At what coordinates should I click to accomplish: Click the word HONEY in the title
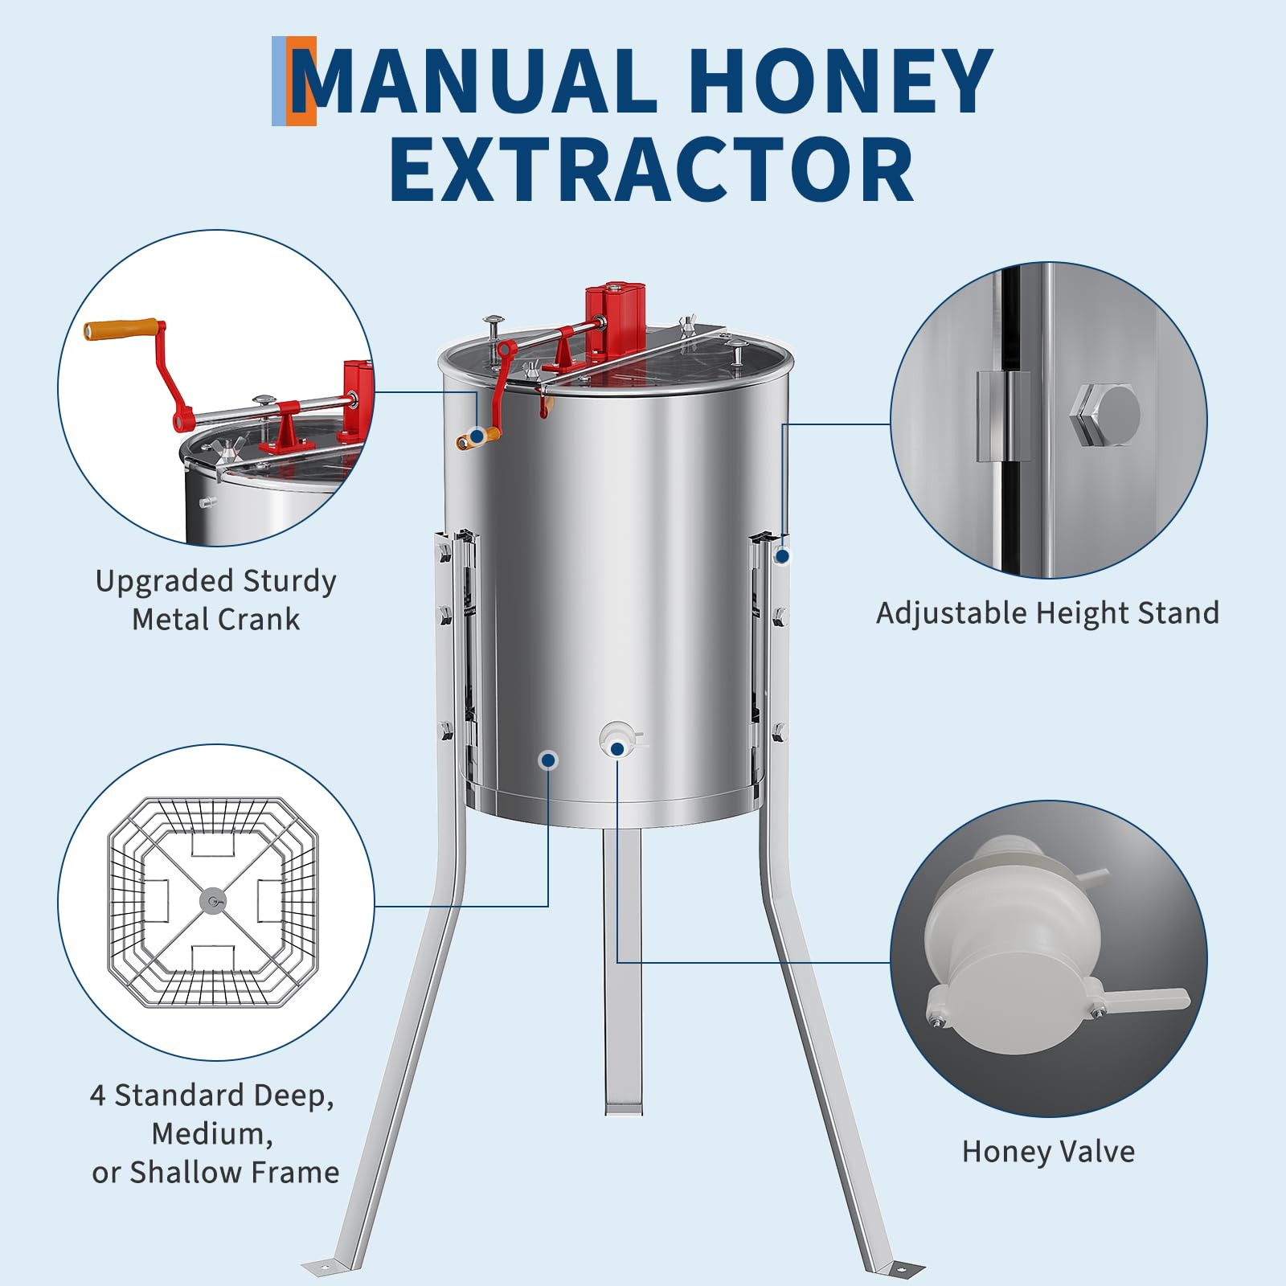coord(841,80)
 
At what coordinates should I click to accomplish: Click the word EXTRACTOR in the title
coord(652,170)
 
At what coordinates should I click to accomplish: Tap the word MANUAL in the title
coord(475,80)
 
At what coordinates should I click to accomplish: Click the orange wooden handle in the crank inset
coord(121,330)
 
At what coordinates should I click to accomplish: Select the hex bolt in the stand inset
coord(1105,415)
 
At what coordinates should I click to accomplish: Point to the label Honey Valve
coord(1048,1152)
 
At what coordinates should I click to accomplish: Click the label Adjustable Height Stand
coord(1047,613)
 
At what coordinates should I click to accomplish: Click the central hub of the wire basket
coord(213,902)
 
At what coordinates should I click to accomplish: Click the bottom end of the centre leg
coord(623,1110)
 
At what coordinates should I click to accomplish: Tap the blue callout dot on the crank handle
coord(477,436)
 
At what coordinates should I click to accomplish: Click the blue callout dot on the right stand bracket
coord(782,555)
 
